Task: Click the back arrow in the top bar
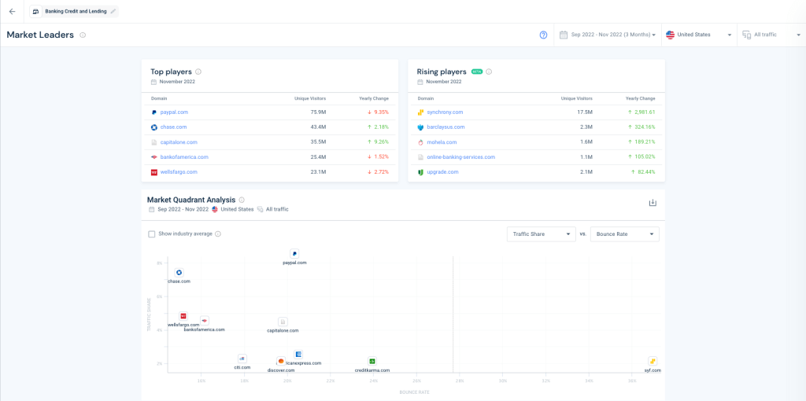click(x=12, y=11)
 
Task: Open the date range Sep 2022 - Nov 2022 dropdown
click(x=607, y=35)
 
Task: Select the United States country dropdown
click(x=699, y=35)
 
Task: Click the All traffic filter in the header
click(x=770, y=35)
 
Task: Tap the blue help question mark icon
click(x=543, y=35)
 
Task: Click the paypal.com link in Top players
click(x=174, y=112)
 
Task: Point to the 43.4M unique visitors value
click(x=318, y=127)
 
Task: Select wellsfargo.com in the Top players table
click(x=179, y=172)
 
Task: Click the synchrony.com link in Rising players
click(x=445, y=112)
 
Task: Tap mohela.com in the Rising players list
click(x=441, y=142)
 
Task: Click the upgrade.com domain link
click(x=442, y=172)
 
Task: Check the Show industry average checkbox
click(x=152, y=234)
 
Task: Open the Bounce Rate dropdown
click(x=625, y=234)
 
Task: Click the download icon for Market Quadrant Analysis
click(x=652, y=203)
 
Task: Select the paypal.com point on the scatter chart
click(x=294, y=254)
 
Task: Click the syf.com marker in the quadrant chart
click(x=653, y=361)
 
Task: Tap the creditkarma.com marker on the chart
click(x=372, y=361)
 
